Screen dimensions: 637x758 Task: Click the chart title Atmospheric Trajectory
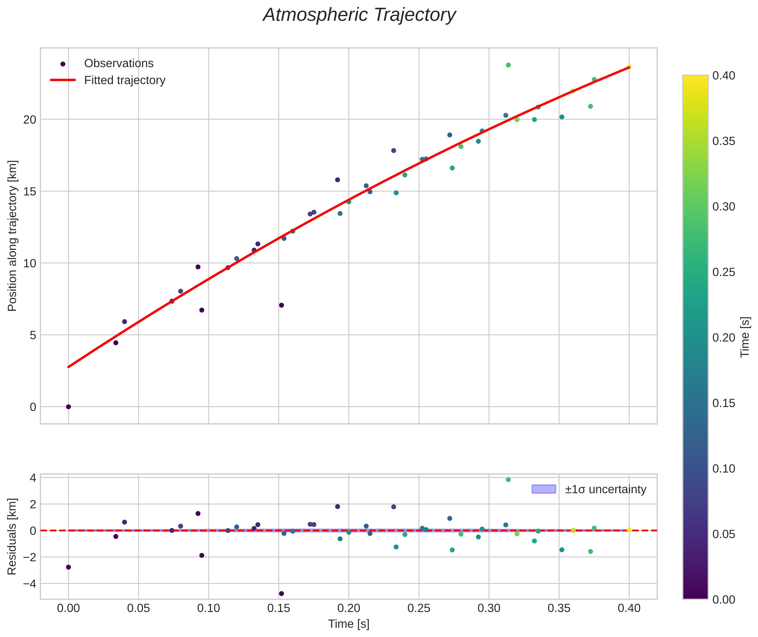coord(359,15)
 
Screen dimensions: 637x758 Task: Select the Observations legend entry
coord(119,64)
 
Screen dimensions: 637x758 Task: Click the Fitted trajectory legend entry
coord(124,80)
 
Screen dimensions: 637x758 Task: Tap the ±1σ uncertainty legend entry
coord(605,489)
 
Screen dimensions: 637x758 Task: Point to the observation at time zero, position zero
coord(68,407)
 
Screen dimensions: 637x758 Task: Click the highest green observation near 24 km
coord(508,65)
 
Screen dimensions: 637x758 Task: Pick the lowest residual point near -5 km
coord(281,594)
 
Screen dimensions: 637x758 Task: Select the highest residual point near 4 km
coord(508,480)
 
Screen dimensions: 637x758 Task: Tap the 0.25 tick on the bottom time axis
coord(419,608)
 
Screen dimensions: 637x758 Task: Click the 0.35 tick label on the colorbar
coord(724,141)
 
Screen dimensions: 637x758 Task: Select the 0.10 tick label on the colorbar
coord(724,469)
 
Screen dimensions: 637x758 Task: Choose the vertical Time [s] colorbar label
coord(745,337)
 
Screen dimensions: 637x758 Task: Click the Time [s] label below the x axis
coord(349,624)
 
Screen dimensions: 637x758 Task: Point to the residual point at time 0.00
coord(68,567)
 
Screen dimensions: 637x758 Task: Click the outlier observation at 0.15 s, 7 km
coord(281,305)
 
